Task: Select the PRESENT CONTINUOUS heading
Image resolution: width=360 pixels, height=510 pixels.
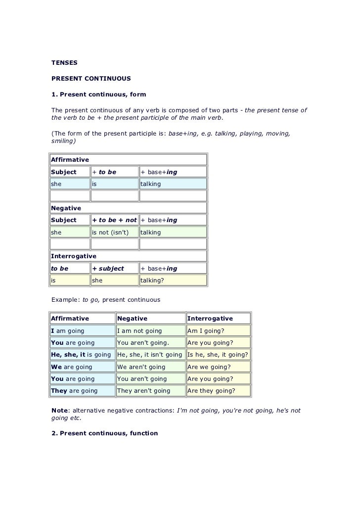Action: coord(91,78)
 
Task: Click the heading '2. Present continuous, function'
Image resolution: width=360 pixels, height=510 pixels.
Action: coord(105,433)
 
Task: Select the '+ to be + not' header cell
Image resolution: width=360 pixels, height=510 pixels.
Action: coord(114,220)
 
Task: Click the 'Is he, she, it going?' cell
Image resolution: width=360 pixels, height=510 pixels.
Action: coord(218,355)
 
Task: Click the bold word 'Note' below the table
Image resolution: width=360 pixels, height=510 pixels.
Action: coord(60,411)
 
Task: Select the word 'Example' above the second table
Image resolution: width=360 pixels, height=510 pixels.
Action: coord(65,300)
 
